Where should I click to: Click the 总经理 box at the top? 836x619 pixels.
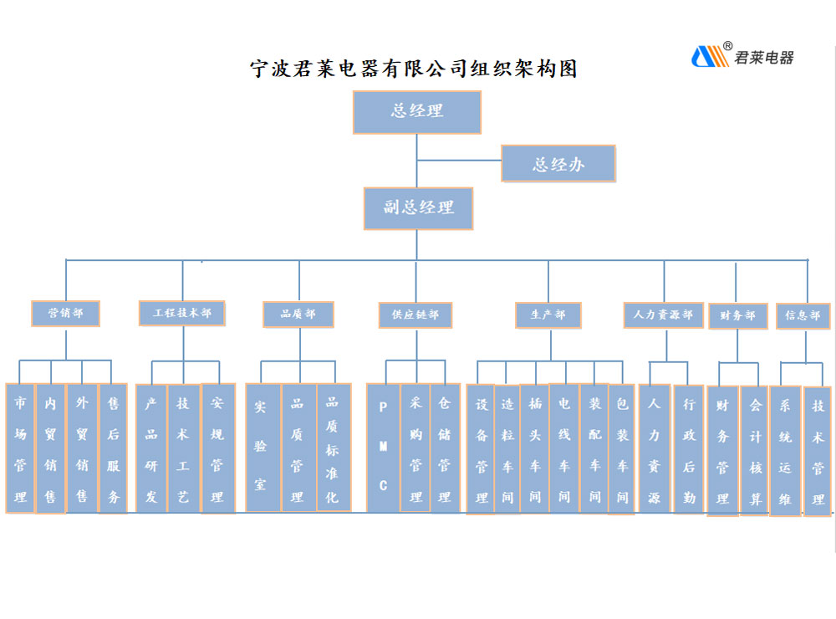pos(416,112)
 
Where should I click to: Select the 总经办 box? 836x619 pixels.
pos(558,164)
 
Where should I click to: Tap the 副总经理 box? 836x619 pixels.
pos(418,208)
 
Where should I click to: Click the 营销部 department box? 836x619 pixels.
pos(65,314)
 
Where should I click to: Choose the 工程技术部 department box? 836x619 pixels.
pos(182,313)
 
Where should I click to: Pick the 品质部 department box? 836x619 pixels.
pos(298,315)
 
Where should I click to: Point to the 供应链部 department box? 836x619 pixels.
pos(415,315)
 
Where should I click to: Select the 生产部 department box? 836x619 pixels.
pos(548,315)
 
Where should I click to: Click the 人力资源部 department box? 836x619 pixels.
pos(663,315)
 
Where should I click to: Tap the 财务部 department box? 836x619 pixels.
pos(738,316)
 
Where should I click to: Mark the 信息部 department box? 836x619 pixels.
pos(803,316)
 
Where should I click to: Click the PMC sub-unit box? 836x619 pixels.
pos(384,448)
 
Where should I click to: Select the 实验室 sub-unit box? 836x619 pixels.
pos(262,448)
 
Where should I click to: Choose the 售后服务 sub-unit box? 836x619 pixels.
pos(113,448)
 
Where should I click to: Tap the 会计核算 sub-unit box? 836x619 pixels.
pos(755,450)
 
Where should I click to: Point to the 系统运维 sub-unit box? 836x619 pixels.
pos(785,450)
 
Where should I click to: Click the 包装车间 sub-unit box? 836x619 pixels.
pos(622,448)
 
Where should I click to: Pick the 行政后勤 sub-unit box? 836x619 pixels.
pos(689,448)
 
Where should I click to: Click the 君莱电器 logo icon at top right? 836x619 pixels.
pos(710,57)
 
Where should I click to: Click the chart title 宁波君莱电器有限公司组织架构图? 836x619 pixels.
pos(415,69)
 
